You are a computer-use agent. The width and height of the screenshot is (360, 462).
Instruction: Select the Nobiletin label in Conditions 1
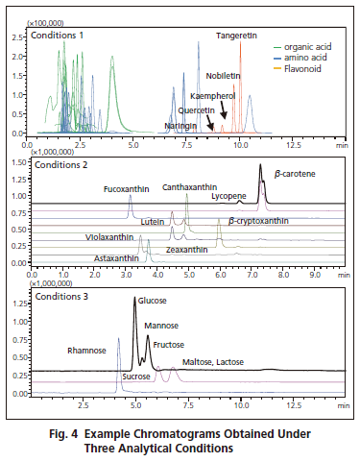[x=222, y=73]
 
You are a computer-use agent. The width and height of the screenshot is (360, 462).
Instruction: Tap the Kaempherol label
[x=212, y=96]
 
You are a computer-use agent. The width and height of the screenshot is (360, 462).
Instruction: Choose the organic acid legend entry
[x=305, y=45]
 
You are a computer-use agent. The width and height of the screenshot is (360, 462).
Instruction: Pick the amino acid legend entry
[x=301, y=57]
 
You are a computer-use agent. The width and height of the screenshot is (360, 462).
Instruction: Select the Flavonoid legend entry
[x=300, y=68]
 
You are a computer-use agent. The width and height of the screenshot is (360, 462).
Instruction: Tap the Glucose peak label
[x=154, y=301]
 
